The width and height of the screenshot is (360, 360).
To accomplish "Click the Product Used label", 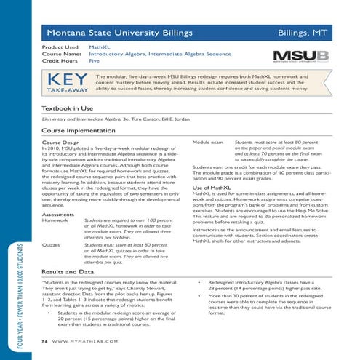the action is pyautogui.click(x=60, y=46).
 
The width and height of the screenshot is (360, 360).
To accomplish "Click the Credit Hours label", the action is pyautogui.click(x=60, y=62).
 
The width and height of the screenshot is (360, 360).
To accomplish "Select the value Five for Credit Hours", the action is pyautogui.click(x=95, y=62).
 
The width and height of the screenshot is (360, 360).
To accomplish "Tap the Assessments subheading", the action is pyautogui.click(x=58, y=215).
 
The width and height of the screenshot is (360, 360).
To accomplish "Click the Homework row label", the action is pyautogui.click(x=57, y=221).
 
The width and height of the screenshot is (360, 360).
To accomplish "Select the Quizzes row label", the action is pyautogui.click(x=54, y=246).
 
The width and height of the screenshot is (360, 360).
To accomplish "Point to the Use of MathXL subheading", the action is pyautogui.click(x=212, y=188).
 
